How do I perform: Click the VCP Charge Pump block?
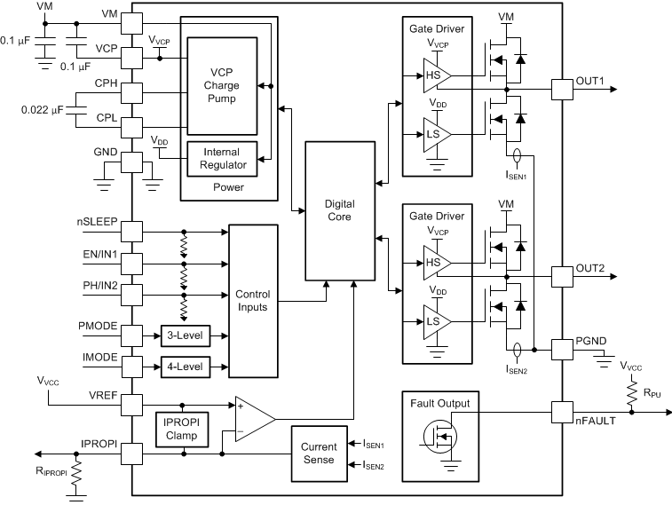pyautogui.click(x=222, y=86)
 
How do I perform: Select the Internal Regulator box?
pyautogui.click(x=222, y=159)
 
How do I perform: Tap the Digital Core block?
pyautogui.click(x=340, y=210)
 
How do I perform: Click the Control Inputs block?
pyautogui.click(x=253, y=301)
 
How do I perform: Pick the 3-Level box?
pyautogui.click(x=186, y=335)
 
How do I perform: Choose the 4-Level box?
pyautogui.click(x=186, y=367)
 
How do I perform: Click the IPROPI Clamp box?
pyautogui.click(x=182, y=430)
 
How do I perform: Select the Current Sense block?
pyautogui.click(x=319, y=454)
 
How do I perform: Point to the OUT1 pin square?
pyautogui.click(x=562, y=90)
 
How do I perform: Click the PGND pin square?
pyautogui.click(x=562, y=350)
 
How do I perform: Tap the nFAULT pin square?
pyautogui.click(x=562, y=413)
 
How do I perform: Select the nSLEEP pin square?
pyautogui.click(x=131, y=232)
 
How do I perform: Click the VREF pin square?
pyautogui.click(x=131, y=405)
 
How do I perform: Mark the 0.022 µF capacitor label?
pyautogui.click(x=42, y=110)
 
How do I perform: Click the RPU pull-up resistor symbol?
pyautogui.click(x=632, y=394)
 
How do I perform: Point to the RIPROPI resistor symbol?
pyautogui.click(x=76, y=473)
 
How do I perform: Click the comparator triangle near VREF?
pyautogui.click(x=255, y=419)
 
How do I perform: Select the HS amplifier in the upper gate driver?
pyautogui.click(x=437, y=75)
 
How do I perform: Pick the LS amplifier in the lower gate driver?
pyautogui.click(x=437, y=322)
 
